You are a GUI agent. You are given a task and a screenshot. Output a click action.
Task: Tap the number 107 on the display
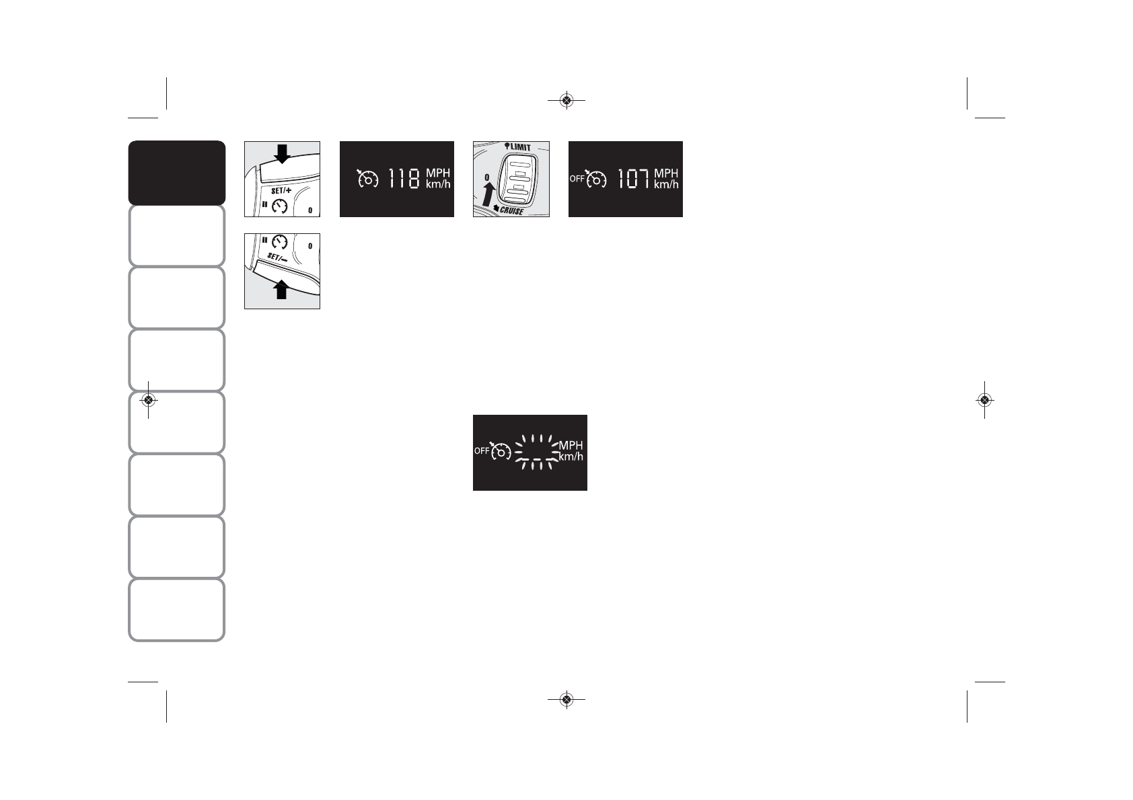(x=634, y=179)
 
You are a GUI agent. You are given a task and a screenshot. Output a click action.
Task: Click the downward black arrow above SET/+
(x=282, y=153)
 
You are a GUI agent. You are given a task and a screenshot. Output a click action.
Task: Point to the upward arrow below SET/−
(x=282, y=290)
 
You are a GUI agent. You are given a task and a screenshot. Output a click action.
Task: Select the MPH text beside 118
(x=437, y=173)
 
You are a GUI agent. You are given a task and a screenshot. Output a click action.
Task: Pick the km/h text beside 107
(x=666, y=184)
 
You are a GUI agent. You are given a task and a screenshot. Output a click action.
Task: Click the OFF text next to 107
(x=577, y=179)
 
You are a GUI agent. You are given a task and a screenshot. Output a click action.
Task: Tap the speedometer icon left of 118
(x=368, y=179)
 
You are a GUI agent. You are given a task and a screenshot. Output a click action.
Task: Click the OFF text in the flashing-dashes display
(x=481, y=451)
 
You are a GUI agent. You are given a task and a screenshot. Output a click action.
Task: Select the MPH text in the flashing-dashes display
(x=571, y=446)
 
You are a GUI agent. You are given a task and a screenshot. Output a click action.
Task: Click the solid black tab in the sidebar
(x=176, y=172)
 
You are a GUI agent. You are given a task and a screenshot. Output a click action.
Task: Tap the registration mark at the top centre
(x=566, y=101)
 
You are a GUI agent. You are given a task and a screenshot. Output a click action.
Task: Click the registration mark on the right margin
(x=984, y=400)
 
